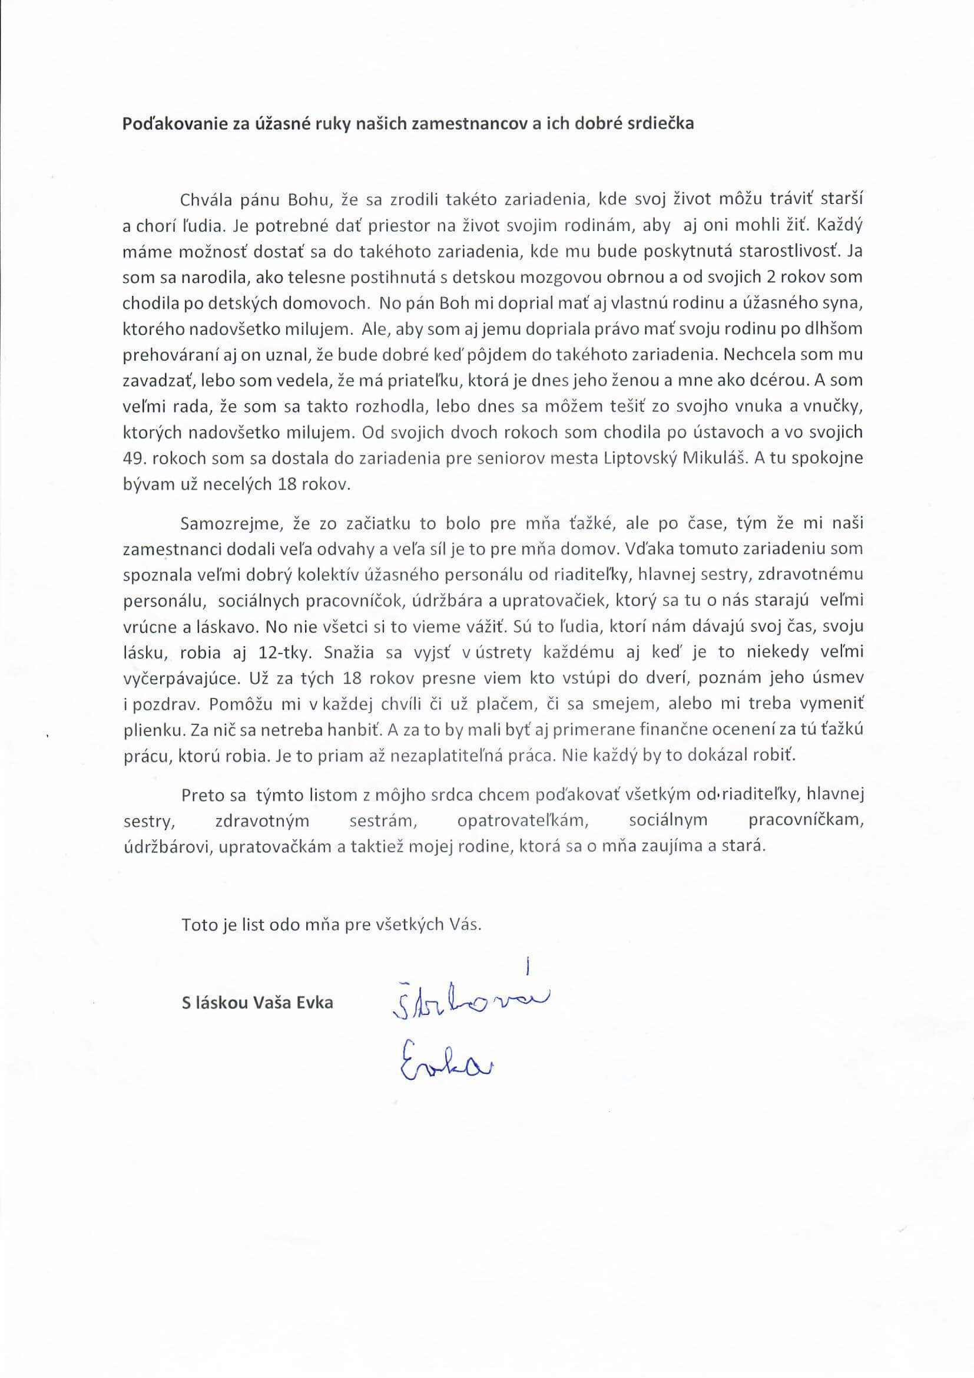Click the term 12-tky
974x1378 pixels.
[x=288, y=652]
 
